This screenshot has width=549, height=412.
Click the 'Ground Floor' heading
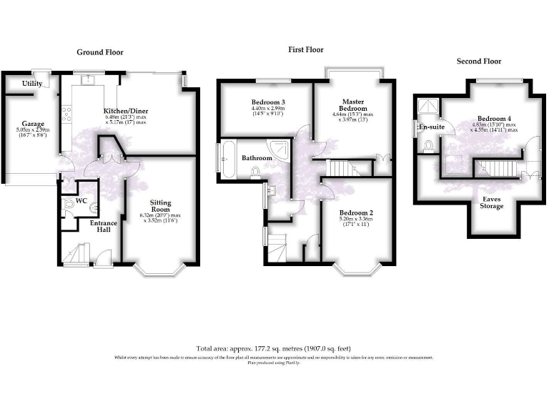(100, 52)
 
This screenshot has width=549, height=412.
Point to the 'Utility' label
(31, 84)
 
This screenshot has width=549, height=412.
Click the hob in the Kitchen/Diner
(67, 113)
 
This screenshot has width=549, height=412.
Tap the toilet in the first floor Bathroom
(255, 171)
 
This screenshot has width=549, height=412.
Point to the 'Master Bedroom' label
(353, 106)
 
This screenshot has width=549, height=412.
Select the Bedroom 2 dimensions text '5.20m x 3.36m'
(355, 220)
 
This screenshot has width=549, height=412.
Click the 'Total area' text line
(274, 349)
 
